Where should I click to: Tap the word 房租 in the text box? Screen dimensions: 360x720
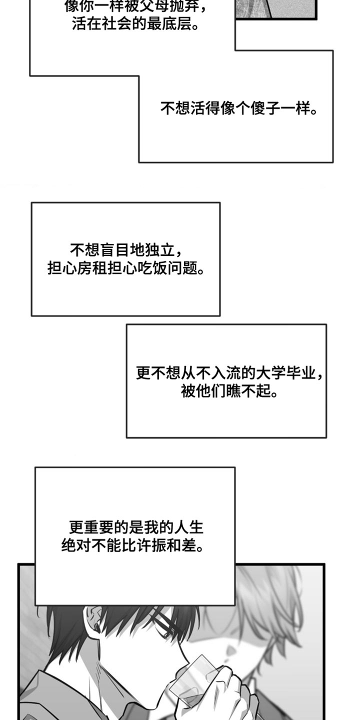(x=92, y=267)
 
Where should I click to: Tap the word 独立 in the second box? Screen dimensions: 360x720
(x=160, y=249)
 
